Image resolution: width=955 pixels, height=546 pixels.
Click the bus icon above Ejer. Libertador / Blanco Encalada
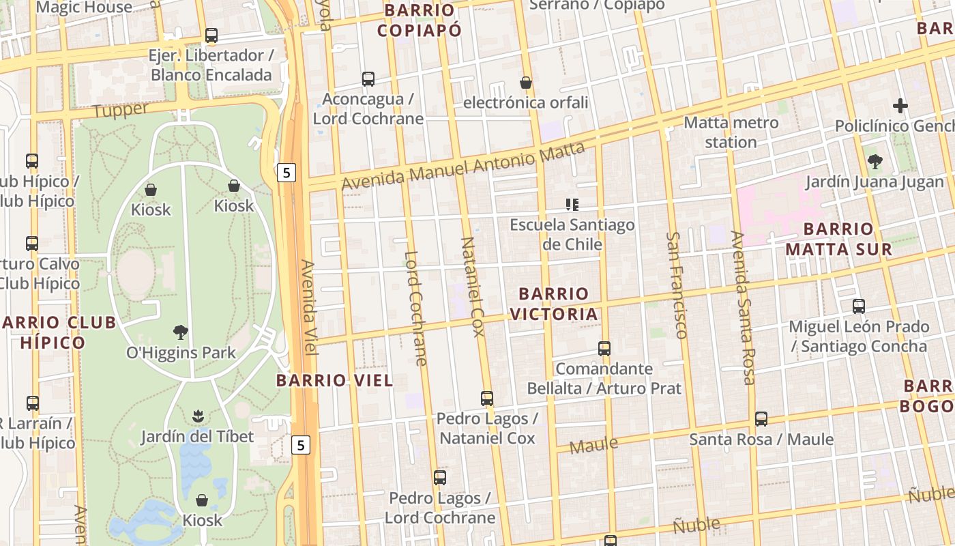(x=211, y=35)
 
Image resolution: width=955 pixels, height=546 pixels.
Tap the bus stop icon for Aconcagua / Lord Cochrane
(x=368, y=79)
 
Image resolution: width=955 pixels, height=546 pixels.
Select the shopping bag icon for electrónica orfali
(x=526, y=83)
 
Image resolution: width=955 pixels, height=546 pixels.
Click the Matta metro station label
(x=731, y=132)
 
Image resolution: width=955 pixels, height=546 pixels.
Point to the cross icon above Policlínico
(x=900, y=106)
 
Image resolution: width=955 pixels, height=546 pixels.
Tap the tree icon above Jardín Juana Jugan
(x=875, y=162)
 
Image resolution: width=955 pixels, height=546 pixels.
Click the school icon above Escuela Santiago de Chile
(x=572, y=204)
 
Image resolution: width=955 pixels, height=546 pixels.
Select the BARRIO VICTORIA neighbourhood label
(x=553, y=304)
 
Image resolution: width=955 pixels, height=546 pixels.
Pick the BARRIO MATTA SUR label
(x=838, y=239)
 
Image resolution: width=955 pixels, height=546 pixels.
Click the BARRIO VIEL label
(x=335, y=381)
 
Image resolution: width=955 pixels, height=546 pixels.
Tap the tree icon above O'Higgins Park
(x=181, y=332)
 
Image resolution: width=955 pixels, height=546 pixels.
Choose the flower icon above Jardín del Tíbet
(x=197, y=416)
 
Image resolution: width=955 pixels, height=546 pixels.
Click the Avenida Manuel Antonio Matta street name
(x=463, y=166)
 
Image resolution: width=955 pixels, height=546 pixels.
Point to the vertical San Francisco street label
(x=676, y=285)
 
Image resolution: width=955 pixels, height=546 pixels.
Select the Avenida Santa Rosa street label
(x=744, y=307)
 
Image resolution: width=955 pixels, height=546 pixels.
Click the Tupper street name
(x=120, y=109)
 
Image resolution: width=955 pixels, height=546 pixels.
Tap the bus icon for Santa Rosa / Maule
(x=761, y=419)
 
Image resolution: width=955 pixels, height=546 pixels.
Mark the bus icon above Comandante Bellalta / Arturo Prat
(x=604, y=349)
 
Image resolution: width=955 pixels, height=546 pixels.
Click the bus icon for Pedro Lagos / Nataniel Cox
(x=487, y=399)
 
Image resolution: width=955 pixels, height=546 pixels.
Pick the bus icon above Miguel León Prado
(x=859, y=306)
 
